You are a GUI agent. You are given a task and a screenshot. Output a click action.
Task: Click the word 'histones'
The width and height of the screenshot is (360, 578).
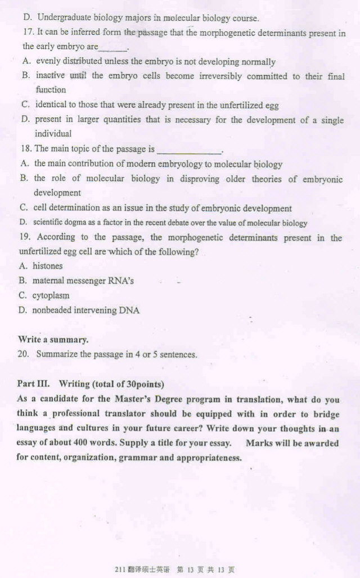(x=47, y=266)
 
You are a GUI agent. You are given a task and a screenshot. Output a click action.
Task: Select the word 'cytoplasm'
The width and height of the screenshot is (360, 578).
(x=51, y=295)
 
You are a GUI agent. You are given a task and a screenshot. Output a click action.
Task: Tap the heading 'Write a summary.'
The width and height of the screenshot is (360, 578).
(x=53, y=340)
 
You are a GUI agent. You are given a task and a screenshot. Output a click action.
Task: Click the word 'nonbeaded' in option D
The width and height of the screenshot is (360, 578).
(x=52, y=310)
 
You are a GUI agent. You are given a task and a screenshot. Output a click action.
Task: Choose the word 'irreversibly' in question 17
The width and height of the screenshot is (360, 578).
(x=213, y=76)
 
